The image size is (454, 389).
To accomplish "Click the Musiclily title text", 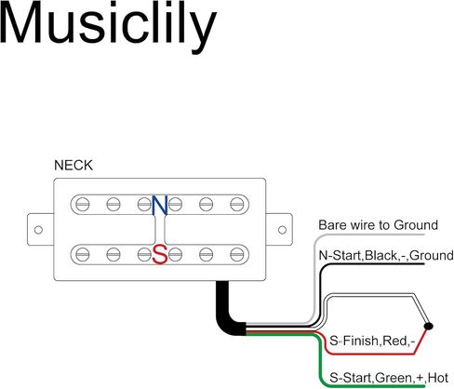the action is pyautogui.click(x=108, y=27).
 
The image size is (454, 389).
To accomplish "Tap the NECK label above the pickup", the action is pyautogui.click(x=73, y=166).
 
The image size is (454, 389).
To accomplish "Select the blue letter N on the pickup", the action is pyautogui.click(x=160, y=205).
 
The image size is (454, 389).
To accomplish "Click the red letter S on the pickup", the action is pyautogui.click(x=160, y=254).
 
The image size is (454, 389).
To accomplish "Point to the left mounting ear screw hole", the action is pyautogui.click(x=38, y=230).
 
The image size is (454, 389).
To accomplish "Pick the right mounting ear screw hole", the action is pyautogui.click(x=282, y=230).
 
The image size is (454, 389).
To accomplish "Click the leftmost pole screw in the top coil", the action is pyautogui.click(x=83, y=205).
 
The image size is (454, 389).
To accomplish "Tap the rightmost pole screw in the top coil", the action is pyautogui.click(x=237, y=205).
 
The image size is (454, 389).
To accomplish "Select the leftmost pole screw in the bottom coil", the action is pyautogui.click(x=83, y=255).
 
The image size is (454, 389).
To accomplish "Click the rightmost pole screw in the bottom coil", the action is pyautogui.click(x=237, y=255).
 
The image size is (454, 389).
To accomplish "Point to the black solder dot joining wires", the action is pyautogui.click(x=429, y=326).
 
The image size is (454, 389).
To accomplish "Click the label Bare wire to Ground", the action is pyautogui.click(x=378, y=225).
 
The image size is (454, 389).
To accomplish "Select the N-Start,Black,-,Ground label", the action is pyautogui.click(x=386, y=255).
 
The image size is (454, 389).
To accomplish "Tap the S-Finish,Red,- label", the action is pyautogui.click(x=372, y=341).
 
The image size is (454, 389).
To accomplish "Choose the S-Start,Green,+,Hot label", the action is pyautogui.click(x=389, y=378).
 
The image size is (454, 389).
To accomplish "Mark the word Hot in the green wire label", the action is pyautogui.click(x=437, y=378).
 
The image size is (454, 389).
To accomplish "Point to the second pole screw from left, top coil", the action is pyautogui.click(x=113, y=205).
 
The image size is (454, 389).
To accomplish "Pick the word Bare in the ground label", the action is pyautogui.click(x=332, y=225).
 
